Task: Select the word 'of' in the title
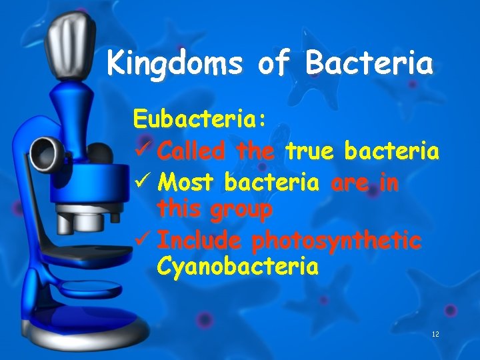(273, 65)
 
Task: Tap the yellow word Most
(189, 181)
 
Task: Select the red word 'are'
(349, 181)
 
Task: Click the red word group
(239, 210)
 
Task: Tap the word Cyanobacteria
(237, 267)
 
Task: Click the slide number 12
(436, 334)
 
